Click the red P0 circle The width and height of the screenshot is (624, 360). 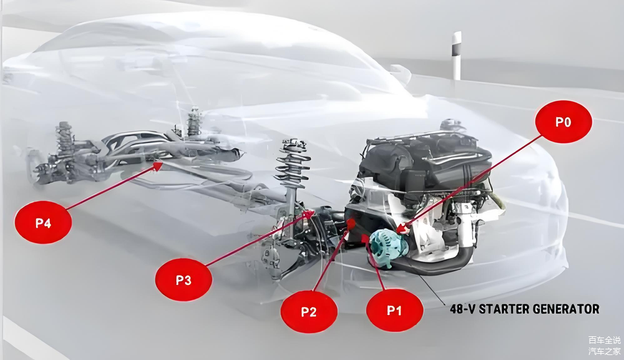tap(563, 122)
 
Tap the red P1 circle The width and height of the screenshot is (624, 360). tap(394, 309)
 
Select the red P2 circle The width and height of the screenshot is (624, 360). tap(309, 311)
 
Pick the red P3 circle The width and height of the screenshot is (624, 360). tap(183, 280)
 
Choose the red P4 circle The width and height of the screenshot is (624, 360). tap(43, 222)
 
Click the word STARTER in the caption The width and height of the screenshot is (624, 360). tap(506, 309)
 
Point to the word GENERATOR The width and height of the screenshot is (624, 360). tap(569, 309)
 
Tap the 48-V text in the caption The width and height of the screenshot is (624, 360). tap(462, 309)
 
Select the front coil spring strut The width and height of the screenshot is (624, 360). tap(292, 165)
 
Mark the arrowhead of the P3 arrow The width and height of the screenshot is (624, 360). tap(310, 214)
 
